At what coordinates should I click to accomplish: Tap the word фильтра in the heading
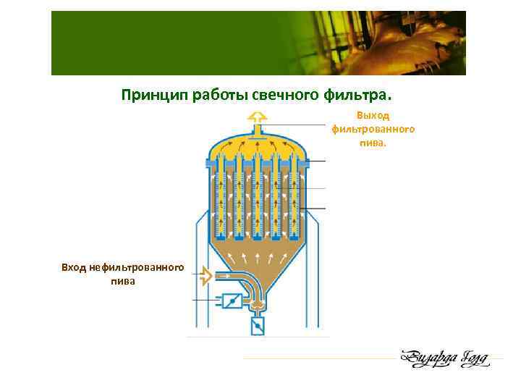tap(353, 95)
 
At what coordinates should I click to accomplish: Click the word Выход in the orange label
tap(373, 115)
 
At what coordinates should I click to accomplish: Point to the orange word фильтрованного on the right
tap(373, 129)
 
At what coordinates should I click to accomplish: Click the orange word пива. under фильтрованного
tap(373, 143)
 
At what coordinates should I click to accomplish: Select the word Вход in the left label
tap(74, 268)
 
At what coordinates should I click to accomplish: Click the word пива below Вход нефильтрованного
tap(122, 282)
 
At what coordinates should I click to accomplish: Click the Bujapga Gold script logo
tap(444, 358)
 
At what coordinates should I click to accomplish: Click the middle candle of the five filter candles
tap(256, 199)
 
